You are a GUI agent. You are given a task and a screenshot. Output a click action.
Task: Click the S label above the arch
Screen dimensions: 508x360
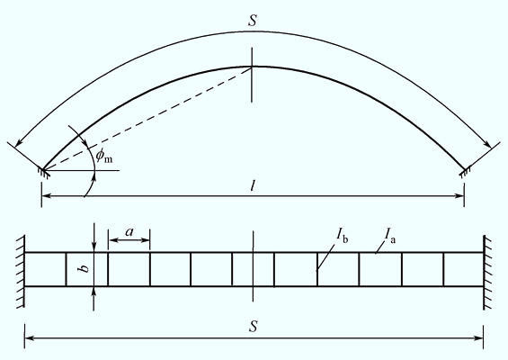coord(253,20)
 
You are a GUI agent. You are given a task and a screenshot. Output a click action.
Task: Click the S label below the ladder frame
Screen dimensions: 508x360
coord(254,327)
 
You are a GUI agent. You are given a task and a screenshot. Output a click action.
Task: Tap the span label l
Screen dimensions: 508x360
coord(253,185)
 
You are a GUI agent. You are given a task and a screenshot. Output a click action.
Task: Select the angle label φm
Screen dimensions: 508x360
coord(103,156)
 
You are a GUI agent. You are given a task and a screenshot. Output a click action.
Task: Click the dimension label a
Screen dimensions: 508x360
coord(129,231)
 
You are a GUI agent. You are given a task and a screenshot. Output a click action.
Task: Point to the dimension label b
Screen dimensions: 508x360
coord(85,268)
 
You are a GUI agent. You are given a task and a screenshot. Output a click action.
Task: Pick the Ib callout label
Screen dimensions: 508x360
coord(343,234)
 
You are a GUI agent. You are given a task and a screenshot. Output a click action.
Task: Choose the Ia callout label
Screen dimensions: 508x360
coord(389,235)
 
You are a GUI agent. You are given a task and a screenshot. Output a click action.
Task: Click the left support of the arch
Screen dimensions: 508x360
coord(43,172)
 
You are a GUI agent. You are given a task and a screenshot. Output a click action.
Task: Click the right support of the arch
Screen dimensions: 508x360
coord(465,172)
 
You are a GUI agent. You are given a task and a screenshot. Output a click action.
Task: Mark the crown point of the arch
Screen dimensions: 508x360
coord(252,67)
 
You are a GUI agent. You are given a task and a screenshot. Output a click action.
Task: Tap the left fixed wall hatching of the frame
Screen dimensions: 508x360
coord(21,271)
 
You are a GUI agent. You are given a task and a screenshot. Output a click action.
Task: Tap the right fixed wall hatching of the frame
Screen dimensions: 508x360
coord(487,273)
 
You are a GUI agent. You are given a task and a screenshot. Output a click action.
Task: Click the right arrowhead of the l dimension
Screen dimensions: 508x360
coord(459,196)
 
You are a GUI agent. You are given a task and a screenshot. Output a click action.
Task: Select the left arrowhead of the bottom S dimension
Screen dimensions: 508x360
coord(30,338)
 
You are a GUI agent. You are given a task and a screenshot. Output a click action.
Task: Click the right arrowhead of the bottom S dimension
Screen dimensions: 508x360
coord(478,338)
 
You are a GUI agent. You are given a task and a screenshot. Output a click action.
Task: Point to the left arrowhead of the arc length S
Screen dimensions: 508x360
coord(20,141)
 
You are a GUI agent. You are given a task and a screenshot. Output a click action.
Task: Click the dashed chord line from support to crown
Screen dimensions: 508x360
coord(147,119)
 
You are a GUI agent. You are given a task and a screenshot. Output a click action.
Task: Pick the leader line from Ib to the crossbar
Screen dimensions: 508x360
coord(326,256)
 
